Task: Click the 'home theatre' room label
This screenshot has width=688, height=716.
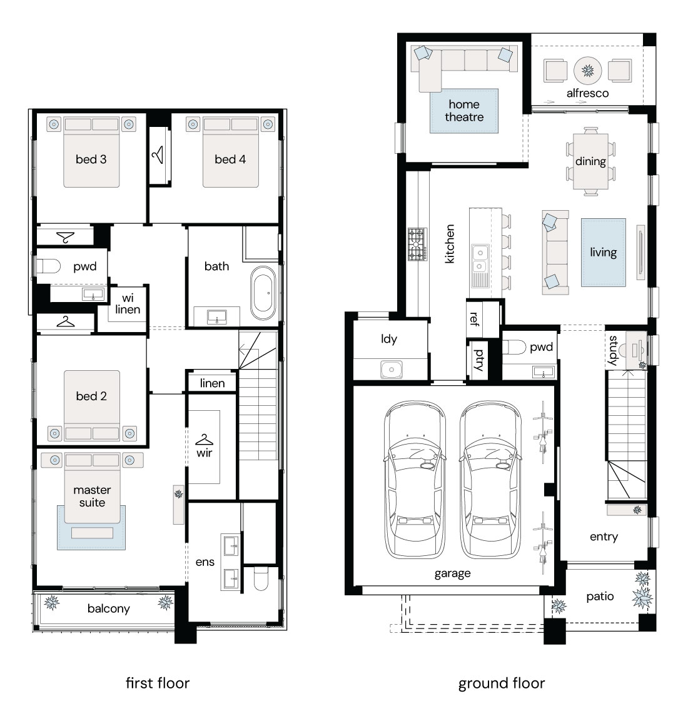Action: pos(464,111)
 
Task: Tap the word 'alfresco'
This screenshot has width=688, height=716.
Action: pos(587,93)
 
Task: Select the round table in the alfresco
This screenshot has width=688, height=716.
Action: pos(587,70)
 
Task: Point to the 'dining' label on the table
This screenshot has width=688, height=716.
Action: pos(590,162)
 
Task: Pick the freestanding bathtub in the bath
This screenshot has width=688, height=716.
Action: pos(263,293)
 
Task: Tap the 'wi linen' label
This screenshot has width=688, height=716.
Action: pos(128,304)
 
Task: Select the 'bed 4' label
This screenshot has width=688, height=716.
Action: pos(230,159)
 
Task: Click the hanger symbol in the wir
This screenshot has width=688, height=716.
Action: pos(204,440)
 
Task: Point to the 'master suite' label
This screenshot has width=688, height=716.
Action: pos(93,497)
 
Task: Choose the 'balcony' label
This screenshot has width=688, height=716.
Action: pos(109,608)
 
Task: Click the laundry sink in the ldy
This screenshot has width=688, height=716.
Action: pos(392,370)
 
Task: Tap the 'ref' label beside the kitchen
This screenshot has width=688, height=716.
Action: pos(474,319)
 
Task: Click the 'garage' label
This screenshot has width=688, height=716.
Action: pos(452,573)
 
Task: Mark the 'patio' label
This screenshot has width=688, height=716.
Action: pos(600,597)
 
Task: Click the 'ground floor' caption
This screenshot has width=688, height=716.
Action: pos(502,683)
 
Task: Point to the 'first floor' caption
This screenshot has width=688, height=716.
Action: pos(158,683)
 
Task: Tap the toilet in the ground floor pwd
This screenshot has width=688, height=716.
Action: pos(514,347)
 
